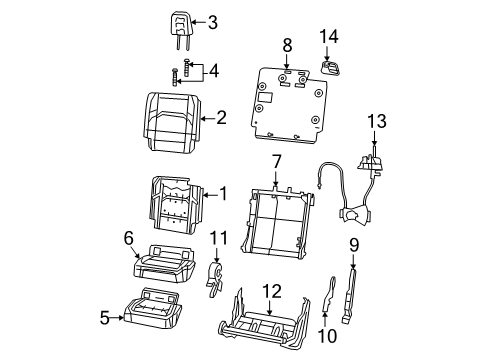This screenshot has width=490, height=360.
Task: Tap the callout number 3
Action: (x=212, y=22)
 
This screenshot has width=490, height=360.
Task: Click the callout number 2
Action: (x=222, y=117)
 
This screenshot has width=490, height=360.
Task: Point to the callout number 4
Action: (x=212, y=70)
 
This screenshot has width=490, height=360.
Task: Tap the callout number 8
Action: (x=286, y=44)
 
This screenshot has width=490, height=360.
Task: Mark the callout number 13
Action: (x=375, y=120)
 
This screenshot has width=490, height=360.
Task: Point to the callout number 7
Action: (x=276, y=161)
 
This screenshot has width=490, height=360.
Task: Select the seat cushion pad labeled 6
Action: (x=160, y=263)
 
